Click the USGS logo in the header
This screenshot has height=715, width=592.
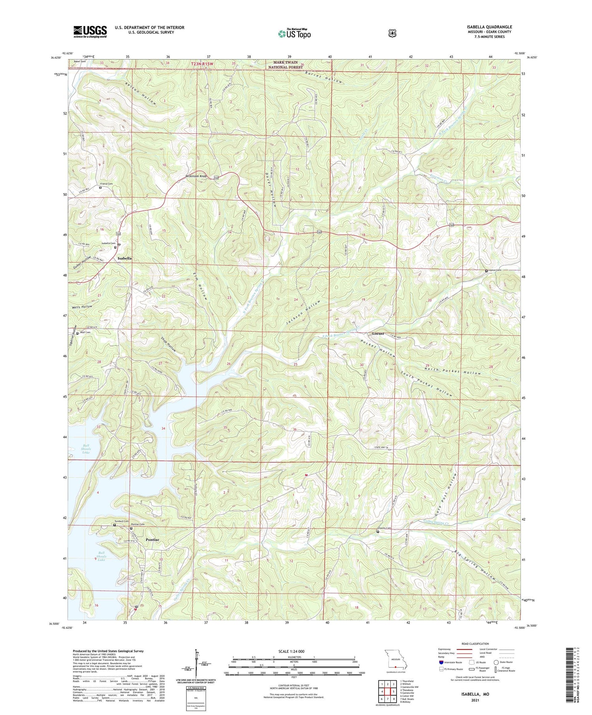point(90,32)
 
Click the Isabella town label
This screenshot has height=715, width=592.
point(124,258)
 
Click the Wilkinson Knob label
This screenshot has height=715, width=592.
point(197,176)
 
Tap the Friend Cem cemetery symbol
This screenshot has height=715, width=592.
point(100,188)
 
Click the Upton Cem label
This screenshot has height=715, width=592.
point(495,270)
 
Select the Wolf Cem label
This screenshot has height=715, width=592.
point(85,332)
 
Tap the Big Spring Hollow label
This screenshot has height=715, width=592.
point(475,565)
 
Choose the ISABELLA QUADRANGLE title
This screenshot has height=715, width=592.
point(489,27)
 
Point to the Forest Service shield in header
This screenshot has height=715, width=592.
point(391,33)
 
